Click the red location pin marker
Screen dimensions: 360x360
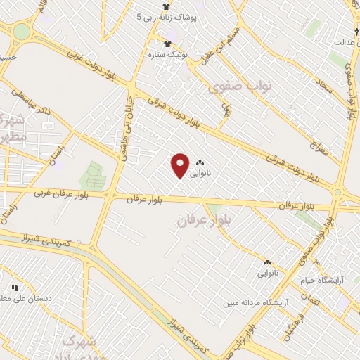click(180, 165)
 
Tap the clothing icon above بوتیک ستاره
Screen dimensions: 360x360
click(167, 43)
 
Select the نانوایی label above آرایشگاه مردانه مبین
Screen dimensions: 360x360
click(267, 271)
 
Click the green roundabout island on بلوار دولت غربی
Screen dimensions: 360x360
click(22, 32)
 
